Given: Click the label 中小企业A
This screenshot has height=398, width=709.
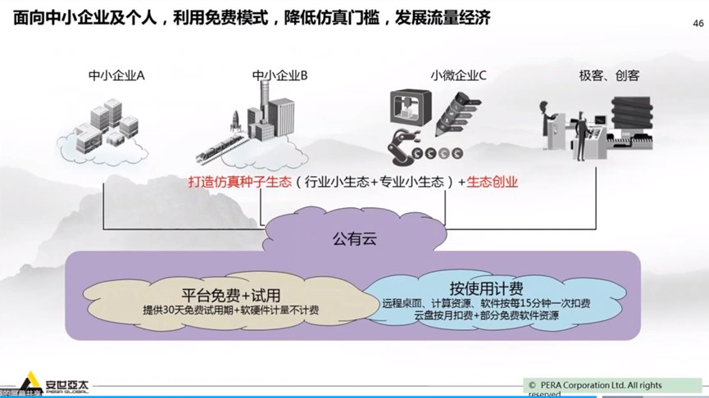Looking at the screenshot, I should pos(117,76).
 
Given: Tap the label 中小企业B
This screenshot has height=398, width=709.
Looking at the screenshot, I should pos(280,76).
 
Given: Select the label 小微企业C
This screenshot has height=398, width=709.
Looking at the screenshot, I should pos(458,76).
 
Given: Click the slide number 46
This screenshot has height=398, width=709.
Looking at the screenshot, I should pos(698,24).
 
